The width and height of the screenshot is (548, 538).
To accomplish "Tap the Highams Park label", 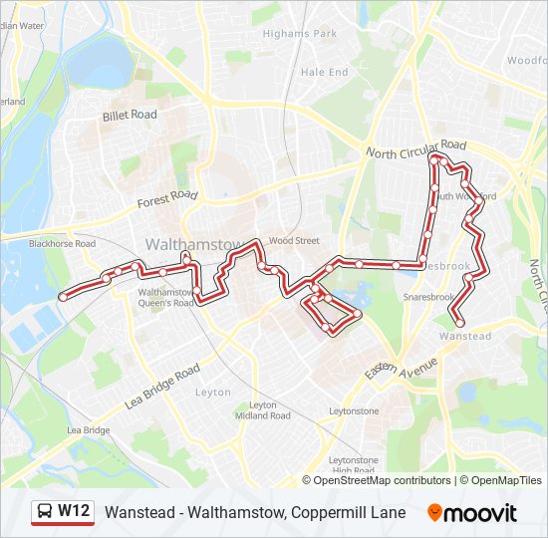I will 300,33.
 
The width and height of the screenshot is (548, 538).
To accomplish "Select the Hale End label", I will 324,72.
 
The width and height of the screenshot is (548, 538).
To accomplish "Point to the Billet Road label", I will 130,115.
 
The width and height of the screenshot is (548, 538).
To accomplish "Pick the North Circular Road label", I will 415,149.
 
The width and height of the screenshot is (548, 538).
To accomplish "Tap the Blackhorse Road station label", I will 62,243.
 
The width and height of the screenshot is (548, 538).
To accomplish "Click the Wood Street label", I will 294,240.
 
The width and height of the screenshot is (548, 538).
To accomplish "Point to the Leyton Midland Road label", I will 263,409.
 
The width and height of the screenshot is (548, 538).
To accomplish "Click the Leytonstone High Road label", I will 353,465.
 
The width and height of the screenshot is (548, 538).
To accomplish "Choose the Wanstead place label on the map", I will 465,337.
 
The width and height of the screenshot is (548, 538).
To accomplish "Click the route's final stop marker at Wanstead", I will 459,322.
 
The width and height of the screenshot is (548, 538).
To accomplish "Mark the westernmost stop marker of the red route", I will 63,296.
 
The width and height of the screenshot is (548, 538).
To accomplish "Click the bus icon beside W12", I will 44,512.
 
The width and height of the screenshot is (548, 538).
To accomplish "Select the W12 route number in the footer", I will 74,512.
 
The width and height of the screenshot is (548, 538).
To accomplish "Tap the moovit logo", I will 472,513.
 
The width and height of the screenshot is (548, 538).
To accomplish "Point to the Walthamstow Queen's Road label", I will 165,298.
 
